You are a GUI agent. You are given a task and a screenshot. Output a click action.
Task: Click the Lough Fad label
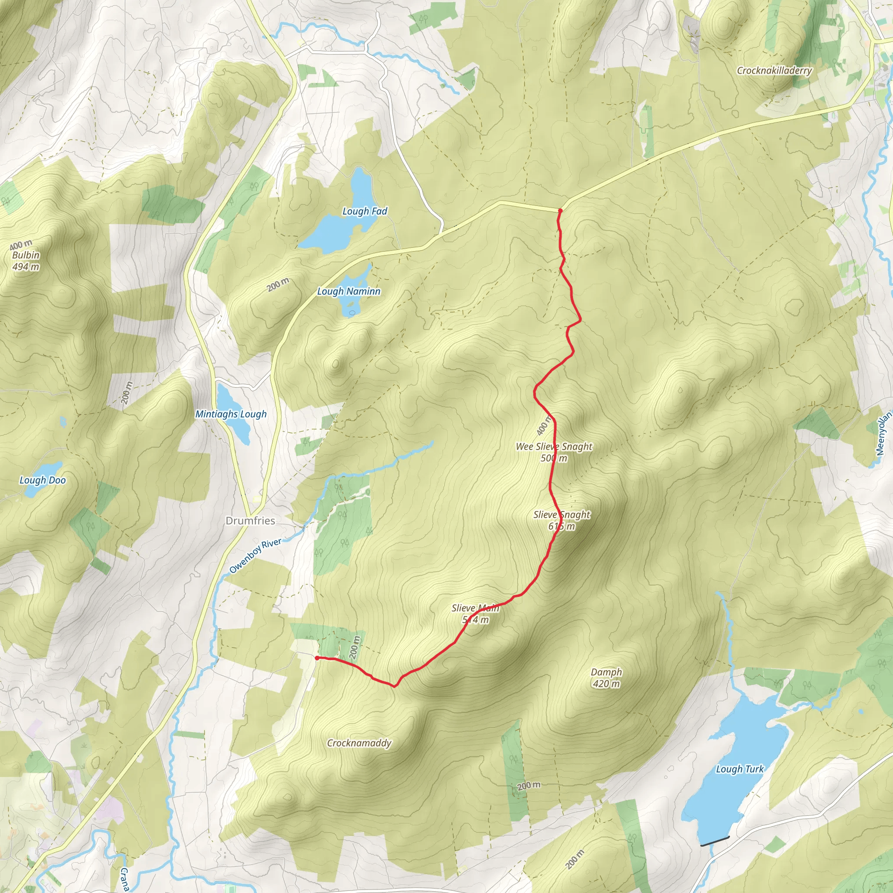click(364, 211)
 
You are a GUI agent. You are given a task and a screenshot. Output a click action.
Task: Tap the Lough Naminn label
click(348, 291)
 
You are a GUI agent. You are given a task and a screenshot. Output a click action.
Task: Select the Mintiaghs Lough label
click(231, 414)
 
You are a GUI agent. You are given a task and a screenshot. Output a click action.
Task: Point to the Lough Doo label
click(43, 480)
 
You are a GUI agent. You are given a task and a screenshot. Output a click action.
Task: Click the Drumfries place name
click(250, 521)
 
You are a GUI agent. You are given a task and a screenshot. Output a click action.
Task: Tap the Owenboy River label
click(255, 556)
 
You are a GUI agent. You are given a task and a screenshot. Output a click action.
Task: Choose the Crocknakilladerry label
click(774, 71)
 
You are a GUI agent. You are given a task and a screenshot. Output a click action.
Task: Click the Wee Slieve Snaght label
click(554, 447)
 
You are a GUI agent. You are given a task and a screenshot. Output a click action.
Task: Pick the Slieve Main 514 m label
click(475, 614)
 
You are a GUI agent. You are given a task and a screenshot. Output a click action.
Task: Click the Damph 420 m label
click(606, 678)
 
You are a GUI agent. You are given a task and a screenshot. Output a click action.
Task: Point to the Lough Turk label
click(740, 769)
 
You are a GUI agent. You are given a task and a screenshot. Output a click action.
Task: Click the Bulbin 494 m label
click(26, 261)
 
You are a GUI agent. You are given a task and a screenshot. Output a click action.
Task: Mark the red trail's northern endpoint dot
click(560, 211)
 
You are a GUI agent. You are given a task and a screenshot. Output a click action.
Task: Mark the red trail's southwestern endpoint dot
click(317, 658)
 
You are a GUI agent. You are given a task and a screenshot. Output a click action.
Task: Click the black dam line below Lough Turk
click(715, 841)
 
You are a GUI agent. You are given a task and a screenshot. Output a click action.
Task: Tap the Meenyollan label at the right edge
click(883, 434)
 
